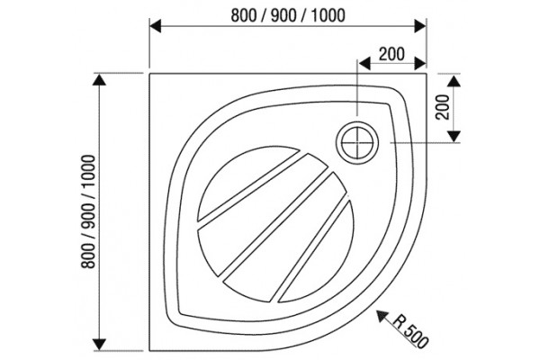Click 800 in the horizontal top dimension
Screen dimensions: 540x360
click(x=244, y=15)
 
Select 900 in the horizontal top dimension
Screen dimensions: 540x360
click(x=284, y=15)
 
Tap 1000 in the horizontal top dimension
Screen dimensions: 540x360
click(x=328, y=15)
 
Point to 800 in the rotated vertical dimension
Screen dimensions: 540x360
click(x=87, y=256)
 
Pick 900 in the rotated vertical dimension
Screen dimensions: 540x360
click(x=87, y=216)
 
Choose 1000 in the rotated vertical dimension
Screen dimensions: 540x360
click(x=87, y=172)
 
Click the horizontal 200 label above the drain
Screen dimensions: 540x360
click(x=391, y=54)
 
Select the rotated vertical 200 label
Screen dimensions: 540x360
click(x=443, y=107)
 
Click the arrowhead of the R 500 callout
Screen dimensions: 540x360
click(x=381, y=314)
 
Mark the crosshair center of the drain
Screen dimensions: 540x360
click(x=357, y=142)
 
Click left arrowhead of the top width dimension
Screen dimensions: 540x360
click(x=156, y=26)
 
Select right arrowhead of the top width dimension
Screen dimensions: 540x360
click(x=420, y=26)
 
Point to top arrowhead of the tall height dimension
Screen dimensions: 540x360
click(x=100, y=79)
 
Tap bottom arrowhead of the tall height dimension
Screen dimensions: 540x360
click(x=100, y=345)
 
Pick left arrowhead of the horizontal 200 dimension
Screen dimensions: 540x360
click(x=364, y=64)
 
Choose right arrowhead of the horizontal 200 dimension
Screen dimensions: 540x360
click(x=420, y=64)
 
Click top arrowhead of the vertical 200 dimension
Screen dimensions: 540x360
click(x=454, y=80)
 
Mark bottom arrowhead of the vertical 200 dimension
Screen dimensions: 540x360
click(x=454, y=137)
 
